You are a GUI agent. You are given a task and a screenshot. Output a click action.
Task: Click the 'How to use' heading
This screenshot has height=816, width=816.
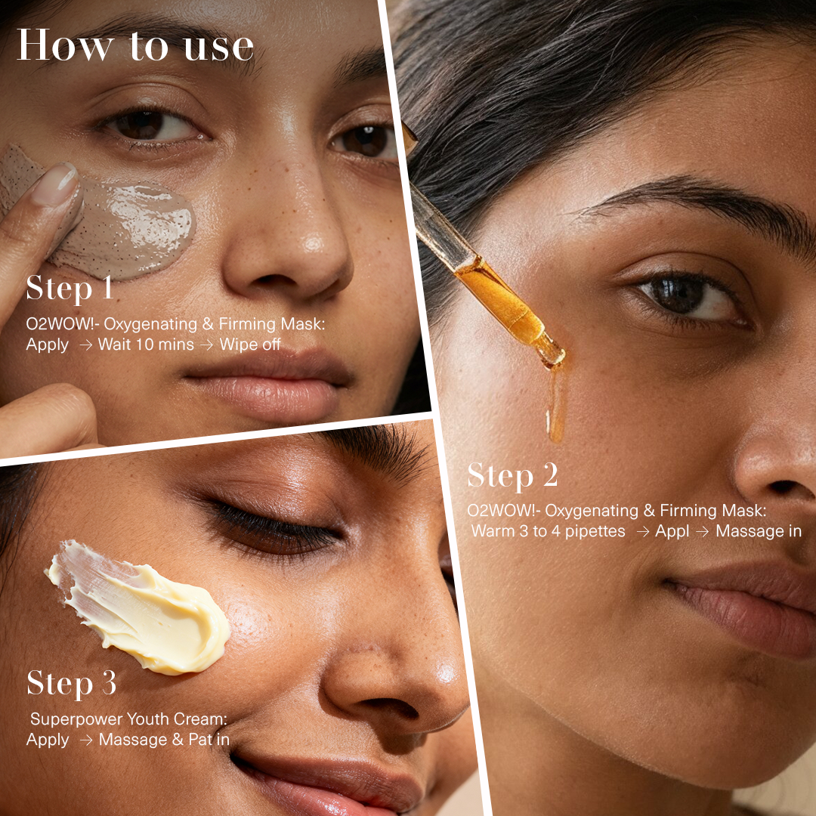(135, 47)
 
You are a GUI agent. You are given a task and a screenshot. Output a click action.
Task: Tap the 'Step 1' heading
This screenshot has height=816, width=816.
(70, 289)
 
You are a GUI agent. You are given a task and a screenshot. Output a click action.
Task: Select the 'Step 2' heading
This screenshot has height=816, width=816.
(512, 476)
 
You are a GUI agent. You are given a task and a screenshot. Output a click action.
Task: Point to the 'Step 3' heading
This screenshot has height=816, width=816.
(72, 684)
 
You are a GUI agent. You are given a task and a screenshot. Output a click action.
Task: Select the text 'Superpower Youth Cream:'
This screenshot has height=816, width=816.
(128, 719)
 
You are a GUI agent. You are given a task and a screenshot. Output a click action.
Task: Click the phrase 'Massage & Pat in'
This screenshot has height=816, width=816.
(164, 740)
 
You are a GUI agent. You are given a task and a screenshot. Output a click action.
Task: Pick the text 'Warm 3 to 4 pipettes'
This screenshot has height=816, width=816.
(549, 531)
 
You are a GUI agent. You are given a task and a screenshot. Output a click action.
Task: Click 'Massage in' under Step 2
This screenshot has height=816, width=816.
(758, 531)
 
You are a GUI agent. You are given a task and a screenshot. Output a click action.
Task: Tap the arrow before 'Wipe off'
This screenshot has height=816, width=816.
(206, 345)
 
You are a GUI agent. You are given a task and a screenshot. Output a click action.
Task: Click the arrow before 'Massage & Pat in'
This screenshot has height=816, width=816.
(86, 740)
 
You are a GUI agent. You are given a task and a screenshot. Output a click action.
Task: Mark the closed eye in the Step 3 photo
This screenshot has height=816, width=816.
(272, 529)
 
